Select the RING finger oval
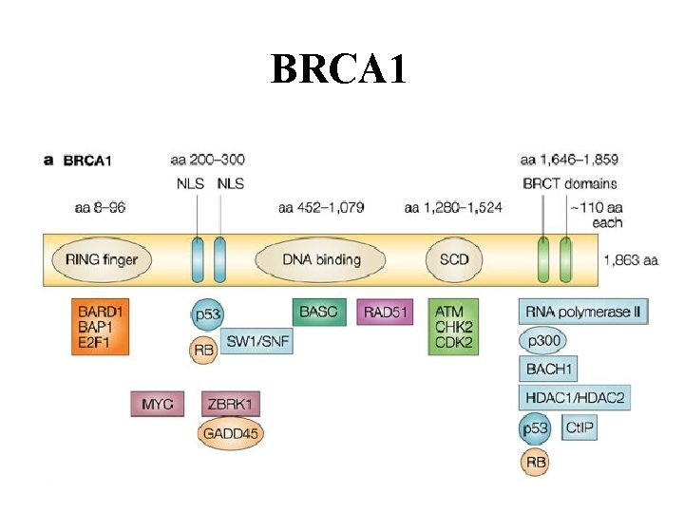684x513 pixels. point(101,259)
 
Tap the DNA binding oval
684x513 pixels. point(321,259)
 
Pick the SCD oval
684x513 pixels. point(454,259)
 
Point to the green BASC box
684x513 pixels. point(318,312)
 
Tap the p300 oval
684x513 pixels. point(544,339)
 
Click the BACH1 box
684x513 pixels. point(547,368)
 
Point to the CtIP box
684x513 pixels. point(579,428)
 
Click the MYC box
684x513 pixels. point(157,404)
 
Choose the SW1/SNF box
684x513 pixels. point(256,340)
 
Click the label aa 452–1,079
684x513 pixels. point(321,207)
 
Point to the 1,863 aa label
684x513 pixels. point(631,259)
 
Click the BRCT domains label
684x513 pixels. point(569,183)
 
